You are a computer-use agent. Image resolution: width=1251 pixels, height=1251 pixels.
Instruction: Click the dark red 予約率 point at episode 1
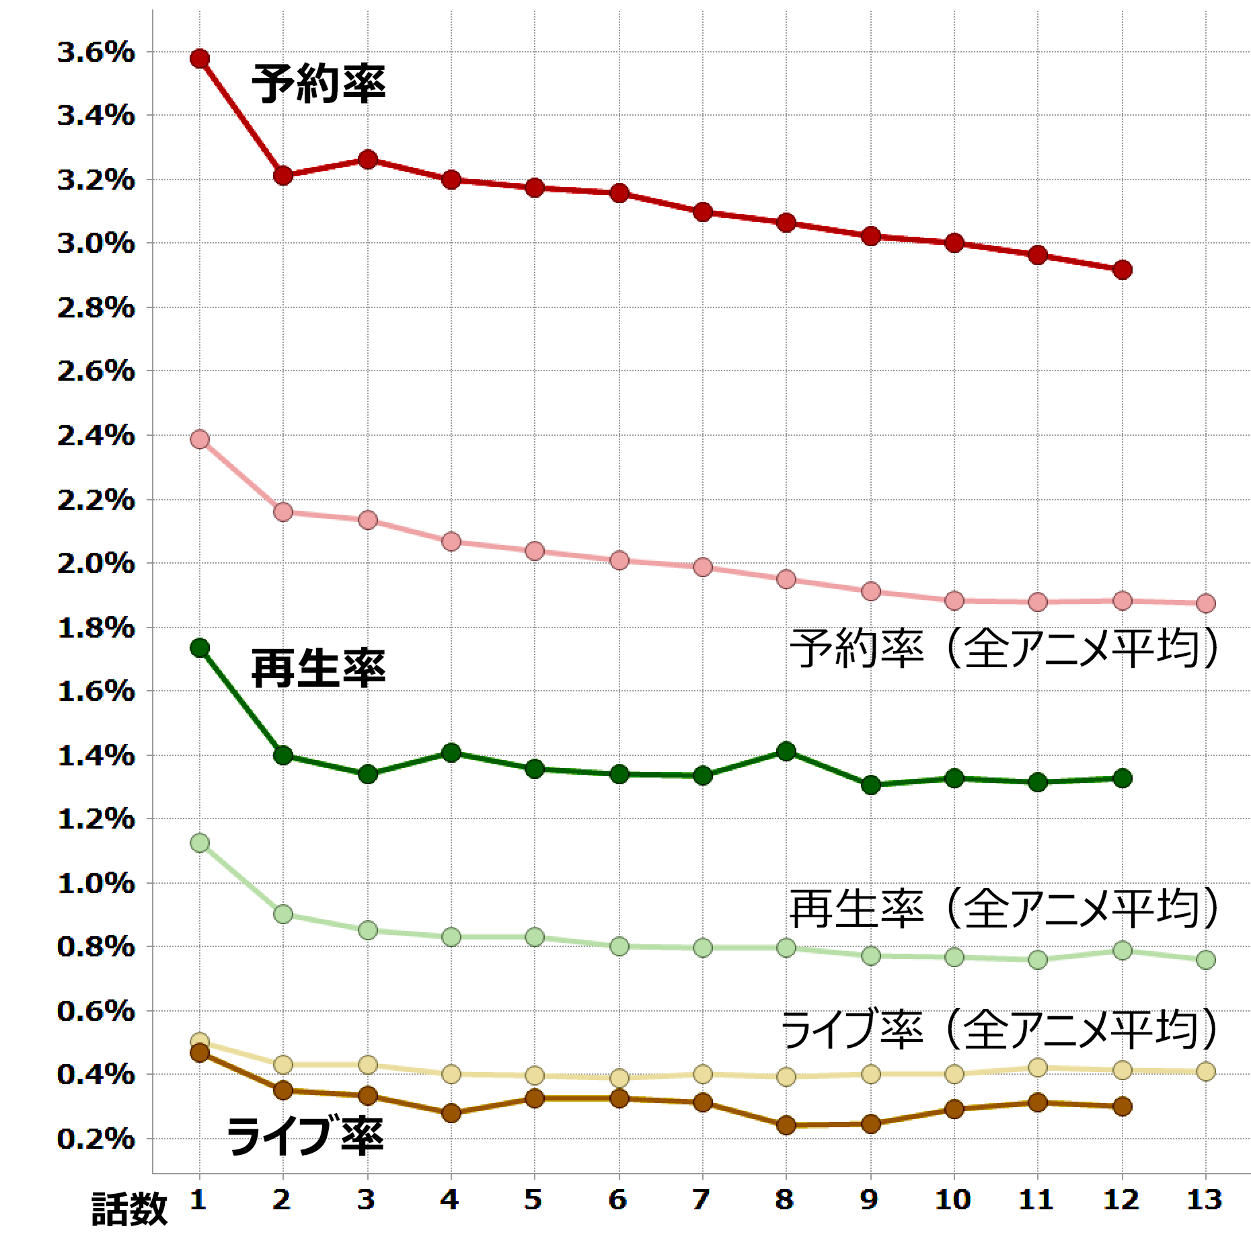(x=199, y=59)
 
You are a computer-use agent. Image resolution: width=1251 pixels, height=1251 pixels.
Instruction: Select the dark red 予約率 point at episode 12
(x=1122, y=270)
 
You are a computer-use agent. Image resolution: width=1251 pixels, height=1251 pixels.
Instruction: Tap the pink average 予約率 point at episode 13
(x=1206, y=603)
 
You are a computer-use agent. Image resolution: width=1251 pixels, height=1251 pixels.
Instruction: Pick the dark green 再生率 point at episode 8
(x=786, y=751)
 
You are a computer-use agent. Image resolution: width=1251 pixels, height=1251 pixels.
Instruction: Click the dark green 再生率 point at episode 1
(x=199, y=648)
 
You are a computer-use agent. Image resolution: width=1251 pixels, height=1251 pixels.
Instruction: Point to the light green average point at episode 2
(x=283, y=914)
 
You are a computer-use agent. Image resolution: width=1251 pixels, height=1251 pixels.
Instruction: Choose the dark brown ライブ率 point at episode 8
(x=786, y=1125)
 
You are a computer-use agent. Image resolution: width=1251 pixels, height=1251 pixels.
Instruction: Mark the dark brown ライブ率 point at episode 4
(x=451, y=1113)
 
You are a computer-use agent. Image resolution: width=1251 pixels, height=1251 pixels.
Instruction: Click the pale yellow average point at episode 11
(x=1038, y=1067)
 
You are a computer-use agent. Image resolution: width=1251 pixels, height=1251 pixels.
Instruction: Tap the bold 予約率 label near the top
(x=319, y=83)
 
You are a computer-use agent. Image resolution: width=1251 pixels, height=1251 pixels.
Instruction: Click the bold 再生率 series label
(x=319, y=669)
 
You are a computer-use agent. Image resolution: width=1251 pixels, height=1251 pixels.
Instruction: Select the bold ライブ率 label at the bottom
(x=305, y=1137)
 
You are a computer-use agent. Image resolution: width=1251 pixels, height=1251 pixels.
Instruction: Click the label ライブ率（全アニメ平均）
(x=999, y=1030)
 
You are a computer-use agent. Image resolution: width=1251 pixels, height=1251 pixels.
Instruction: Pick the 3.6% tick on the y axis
(x=96, y=52)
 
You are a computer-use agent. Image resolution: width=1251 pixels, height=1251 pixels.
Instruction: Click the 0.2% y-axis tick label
(x=96, y=1139)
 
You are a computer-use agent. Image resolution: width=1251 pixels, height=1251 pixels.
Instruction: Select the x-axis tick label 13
(x=1205, y=1199)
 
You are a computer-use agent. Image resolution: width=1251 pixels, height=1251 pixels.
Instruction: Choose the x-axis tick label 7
(x=702, y=1199)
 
